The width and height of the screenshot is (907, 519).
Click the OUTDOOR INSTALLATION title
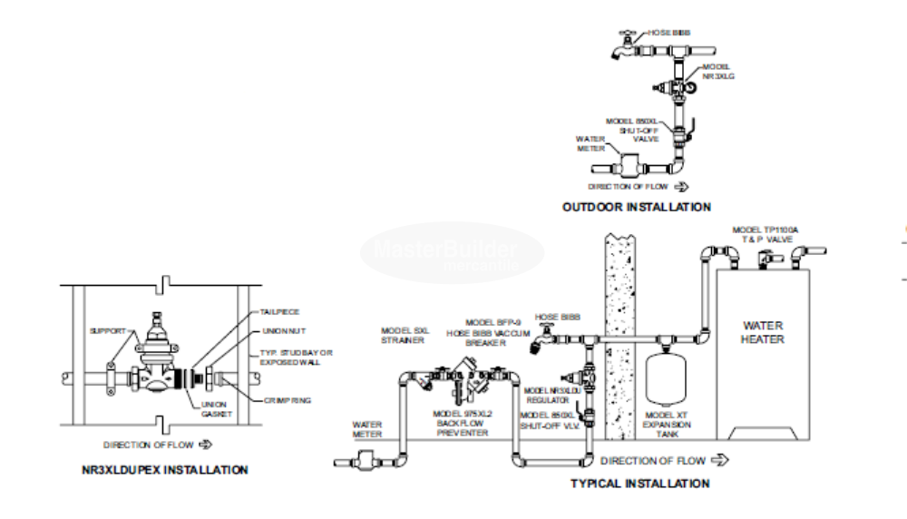636,207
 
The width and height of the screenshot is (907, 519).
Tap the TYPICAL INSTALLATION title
639,484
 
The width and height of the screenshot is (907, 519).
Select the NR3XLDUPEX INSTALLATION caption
163,470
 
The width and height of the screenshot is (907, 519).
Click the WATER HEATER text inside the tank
763,332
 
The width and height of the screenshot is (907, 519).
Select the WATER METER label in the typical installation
367,429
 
